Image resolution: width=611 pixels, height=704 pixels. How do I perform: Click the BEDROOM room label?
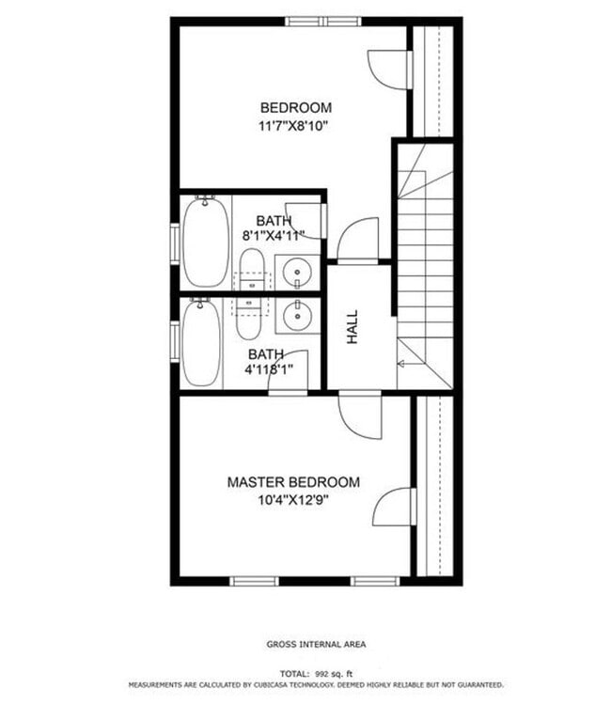(295, 107)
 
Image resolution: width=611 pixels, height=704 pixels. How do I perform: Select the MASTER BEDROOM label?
(293, 482)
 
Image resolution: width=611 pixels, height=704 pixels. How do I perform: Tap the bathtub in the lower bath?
(201, 342)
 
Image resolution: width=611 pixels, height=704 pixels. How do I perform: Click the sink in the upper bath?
(298, 271)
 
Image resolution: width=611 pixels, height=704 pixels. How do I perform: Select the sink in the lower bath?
(298, 314)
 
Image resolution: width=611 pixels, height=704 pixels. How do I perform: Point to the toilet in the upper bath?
(251, 269)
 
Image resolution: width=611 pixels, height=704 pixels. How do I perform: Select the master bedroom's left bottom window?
(255, 581)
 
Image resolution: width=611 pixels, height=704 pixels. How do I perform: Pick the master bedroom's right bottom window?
(376, 581)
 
